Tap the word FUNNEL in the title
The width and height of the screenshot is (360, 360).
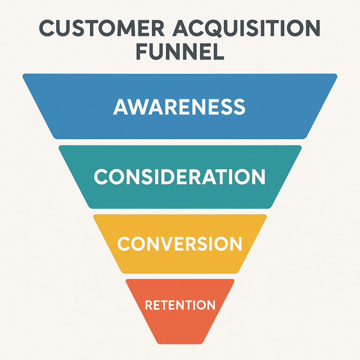[x=180, y=52]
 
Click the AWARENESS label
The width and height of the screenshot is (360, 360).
[x=180, y=107]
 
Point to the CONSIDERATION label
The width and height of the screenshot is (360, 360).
[x=180, y=177]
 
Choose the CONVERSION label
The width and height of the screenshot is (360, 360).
[x=180, y=243]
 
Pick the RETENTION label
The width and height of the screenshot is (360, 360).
[x=180, y=305]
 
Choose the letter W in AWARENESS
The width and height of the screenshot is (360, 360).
[x=137, y=107]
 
